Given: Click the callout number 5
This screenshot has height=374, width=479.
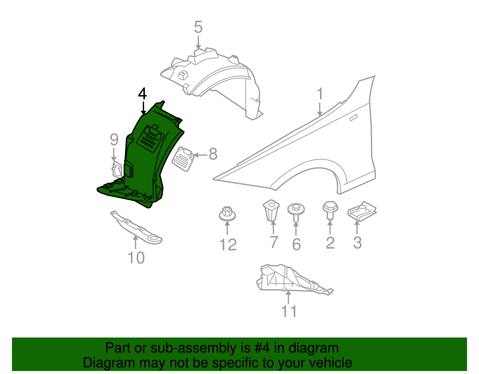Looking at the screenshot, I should click(x=198, y=27).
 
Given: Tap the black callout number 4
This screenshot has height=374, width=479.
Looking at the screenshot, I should click(x=143, y=94).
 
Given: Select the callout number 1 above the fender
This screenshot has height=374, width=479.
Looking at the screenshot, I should click(x=320, y=94).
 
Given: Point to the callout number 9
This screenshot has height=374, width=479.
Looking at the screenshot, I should click(x=114, y=140).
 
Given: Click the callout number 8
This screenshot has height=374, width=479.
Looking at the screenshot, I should click(x=213, y=155).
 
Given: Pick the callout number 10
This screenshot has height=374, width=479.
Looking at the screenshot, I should click(x=136, y=258).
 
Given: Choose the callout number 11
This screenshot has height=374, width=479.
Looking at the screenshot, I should click(x=289, y=311).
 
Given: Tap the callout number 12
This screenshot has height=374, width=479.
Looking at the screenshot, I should click(x=228, y=245).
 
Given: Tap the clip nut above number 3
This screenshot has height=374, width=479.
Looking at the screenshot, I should click(x=362, y=211).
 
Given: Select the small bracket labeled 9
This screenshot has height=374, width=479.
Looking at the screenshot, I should click(x=116, y=169).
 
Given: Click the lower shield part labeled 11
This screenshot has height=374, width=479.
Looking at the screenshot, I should click(x=287, y=278).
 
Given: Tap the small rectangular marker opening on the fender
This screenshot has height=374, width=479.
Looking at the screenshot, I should click(x=354, y=118).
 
